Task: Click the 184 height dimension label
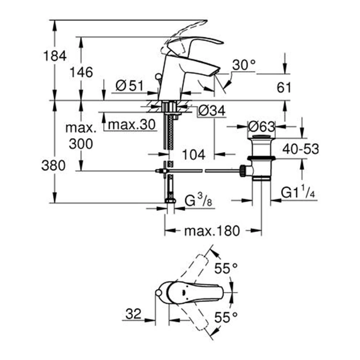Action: point(55,57)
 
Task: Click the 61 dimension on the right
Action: point(284,87)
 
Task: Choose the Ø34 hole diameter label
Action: point(212,111)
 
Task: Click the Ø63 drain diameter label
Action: point(262,126)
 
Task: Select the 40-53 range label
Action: point(301,149)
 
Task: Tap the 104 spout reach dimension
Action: point(193,154)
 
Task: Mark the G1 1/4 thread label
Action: point(298,193)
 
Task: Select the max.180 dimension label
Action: point(212,230)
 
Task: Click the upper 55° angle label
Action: point(226,268)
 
